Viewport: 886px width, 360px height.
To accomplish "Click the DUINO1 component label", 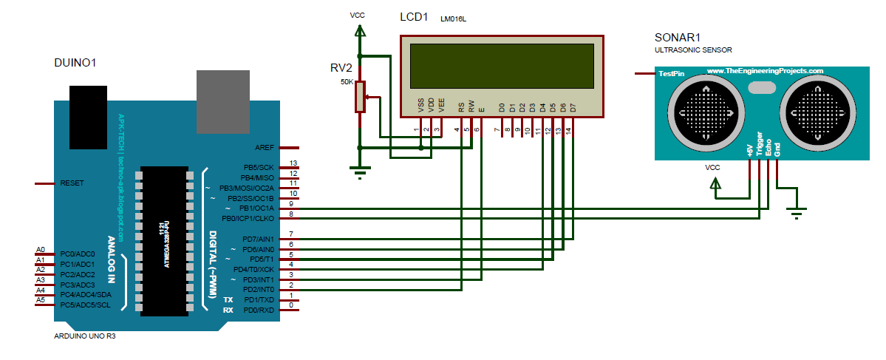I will [75, 63].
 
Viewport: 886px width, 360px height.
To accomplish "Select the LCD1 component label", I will [414, 17].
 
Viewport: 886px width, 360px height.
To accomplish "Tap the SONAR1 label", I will [678, 38].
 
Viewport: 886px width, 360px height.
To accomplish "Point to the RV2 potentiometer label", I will [341, 67].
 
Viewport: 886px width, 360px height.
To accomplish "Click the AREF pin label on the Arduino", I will [264, 147].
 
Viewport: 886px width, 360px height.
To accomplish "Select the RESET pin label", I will [72, 183].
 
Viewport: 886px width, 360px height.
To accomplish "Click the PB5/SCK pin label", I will [257, 167].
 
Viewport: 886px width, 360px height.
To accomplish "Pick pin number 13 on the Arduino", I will [293, 163].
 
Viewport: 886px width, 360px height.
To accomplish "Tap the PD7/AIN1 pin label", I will [257, 240].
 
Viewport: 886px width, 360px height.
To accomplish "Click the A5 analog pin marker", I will [41, 300].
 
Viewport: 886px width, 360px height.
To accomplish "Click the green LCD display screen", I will [502, 66].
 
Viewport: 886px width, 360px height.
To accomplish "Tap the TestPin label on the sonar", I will [672, 73].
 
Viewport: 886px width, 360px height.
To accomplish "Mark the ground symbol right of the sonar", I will [796, 215].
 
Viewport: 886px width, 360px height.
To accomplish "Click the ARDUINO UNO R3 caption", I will [85, 336].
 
